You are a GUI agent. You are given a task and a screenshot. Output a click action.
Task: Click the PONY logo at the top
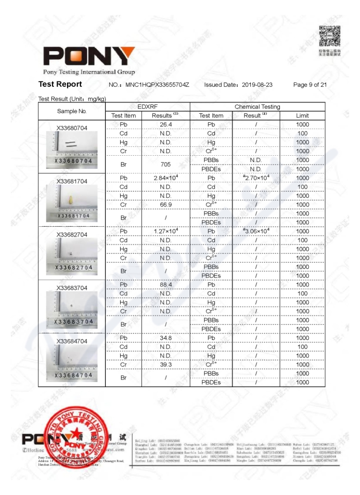coord(89,56)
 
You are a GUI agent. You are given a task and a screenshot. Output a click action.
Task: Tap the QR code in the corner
coord(329,36)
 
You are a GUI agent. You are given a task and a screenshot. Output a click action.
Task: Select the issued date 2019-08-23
coord(257,85)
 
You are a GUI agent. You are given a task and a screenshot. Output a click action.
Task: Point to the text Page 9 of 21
coord(310,85)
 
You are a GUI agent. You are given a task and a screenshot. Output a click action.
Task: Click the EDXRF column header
coord(148,107)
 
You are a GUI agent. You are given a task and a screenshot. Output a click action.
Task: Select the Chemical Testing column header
coord(257,107)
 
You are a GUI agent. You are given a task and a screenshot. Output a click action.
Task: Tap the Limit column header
coord(302,116)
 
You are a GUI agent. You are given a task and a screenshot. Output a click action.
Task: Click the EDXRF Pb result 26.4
coord(166,124)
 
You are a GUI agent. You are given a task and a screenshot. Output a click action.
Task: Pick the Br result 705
coord(166,164)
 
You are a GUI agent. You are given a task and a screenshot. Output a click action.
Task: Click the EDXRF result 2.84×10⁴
coord(166,178)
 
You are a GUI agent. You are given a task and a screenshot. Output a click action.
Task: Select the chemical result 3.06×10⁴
coord(256,231)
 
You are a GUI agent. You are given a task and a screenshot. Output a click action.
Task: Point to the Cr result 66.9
coord(166,204)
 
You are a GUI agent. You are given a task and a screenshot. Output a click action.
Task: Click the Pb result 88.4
coord(166,284)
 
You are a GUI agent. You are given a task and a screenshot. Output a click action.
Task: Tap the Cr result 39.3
coord(166,364)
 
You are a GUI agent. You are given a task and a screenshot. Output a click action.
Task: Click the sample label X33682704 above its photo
coord(72,234)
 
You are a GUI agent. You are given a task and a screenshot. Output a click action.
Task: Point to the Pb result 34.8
coord(166,338)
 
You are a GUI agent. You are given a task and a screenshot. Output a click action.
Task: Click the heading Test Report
coord(60,84)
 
